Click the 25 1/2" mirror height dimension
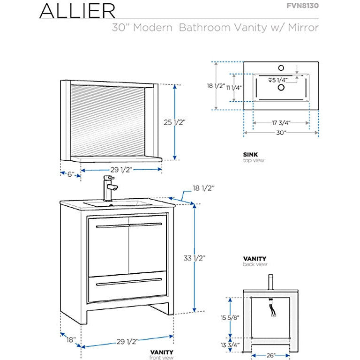(176, 123)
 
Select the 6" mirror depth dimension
(71, 174)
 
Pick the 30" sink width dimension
(282, 133)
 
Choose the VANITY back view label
(255, 258)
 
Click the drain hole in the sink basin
(281, 87)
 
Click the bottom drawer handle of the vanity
(128, 282)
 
